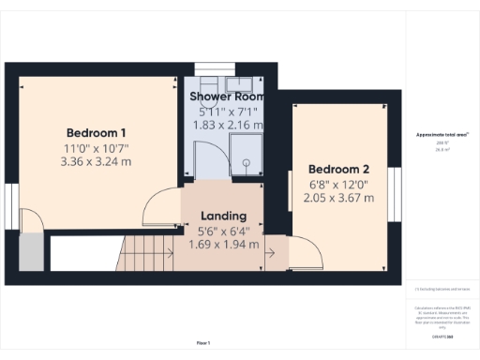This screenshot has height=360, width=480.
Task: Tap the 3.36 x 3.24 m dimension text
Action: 97,160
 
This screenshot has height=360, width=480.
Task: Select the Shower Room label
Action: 228,97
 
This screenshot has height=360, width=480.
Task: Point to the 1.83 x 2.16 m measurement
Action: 228,124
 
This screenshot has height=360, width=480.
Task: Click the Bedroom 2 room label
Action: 341,169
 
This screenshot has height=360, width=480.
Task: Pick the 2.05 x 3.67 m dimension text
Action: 341,197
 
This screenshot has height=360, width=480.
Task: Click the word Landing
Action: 224,216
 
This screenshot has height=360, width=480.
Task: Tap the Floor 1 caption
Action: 202,343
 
